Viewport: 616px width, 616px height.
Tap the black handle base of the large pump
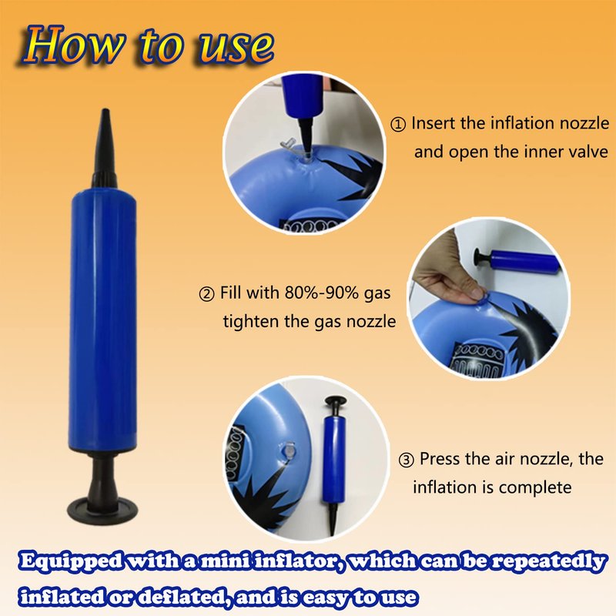point(103,507)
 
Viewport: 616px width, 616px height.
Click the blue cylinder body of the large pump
point(103,319)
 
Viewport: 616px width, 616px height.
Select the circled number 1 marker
point(398,125)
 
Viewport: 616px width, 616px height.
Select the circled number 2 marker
point(206,294)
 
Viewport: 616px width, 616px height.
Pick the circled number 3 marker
point(407,460)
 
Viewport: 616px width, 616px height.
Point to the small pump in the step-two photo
point(518,260)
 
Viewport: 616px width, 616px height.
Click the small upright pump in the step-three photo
point(334,464)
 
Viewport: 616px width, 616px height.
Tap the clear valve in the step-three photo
point(290,452)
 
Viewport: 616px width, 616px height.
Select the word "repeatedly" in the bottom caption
point(548,562)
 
